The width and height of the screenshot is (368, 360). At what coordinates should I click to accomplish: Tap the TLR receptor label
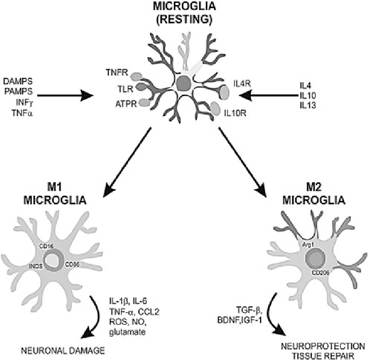click(119, 88)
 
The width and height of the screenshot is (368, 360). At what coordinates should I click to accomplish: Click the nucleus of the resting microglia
click(183, 84)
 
